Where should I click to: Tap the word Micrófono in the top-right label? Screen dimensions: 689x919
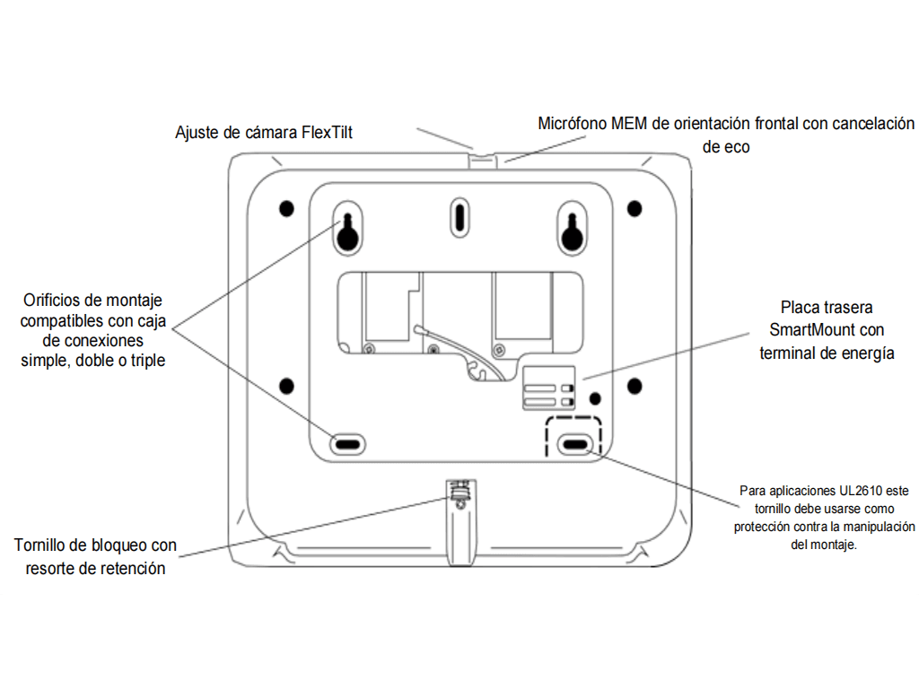pos(571,123)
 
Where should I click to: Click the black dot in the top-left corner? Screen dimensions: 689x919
pos(286,208)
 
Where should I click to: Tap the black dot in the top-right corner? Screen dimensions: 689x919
pos(635,208)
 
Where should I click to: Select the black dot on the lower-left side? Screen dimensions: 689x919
pos(286,387)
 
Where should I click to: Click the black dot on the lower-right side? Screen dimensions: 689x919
pos(635,387)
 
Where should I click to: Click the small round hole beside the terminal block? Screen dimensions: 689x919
pos(595,397)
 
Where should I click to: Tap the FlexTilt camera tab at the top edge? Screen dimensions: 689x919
pos(483,157)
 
